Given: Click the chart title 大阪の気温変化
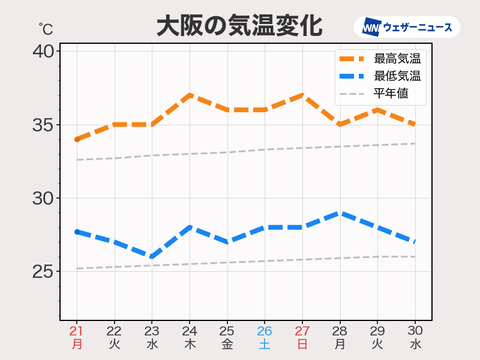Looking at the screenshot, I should pyautogui.click(x=239, y=26).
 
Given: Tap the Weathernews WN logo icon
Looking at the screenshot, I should pyautogui.click(x=371, y=27).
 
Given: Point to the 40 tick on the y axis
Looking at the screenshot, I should pyautogui.click(x=43, y=52).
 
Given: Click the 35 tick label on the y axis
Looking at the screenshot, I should pyautogui.click(x=43, y=125).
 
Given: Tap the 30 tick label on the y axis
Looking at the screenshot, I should pyautogui.click(x=43, y=198).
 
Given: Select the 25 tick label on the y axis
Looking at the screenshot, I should pyautogui.click(x=43, y=271).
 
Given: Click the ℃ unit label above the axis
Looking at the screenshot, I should pyautogui.click(x=46, y=28).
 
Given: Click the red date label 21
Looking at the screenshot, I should pyautogui.click(x=76, y=331).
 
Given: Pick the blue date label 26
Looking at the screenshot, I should pyautogui.click(x=265, y=331).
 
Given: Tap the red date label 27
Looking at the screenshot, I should pyautogui.click(x=302, y=331).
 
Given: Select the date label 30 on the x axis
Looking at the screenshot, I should pyautogui.click(x=415, y=331).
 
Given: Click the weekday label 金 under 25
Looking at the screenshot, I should pyautogui.click(x=227, y=344).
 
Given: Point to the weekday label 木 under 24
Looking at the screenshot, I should pyautogui.click(x=190, y=344).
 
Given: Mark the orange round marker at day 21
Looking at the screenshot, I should pyautogui.click(x=77, y=139).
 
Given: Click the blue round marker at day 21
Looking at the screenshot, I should pyautogui.click(x=77, y=232).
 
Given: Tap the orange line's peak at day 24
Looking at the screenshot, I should pyautogui.click(x=190, y=95).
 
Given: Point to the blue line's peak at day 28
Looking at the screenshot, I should pyautogui.click(x=340, y=213).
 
